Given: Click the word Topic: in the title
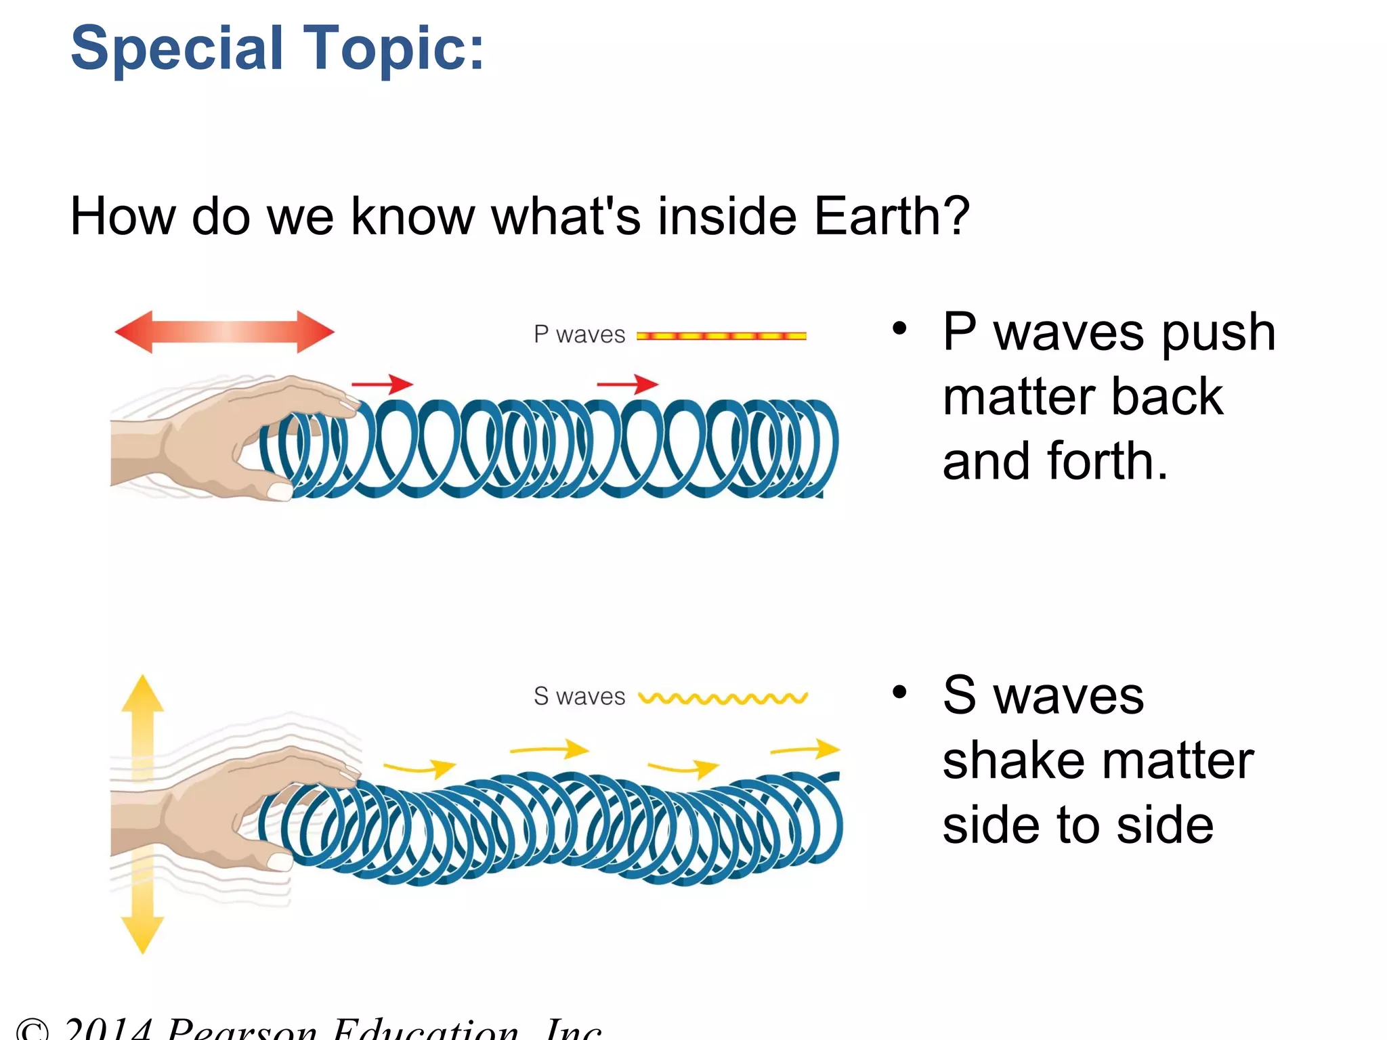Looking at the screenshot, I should point(393,49).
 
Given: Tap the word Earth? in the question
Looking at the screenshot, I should point(891,217).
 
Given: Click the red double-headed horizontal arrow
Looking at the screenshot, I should point(224,332).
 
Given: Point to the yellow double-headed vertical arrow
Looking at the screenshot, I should point(142,813).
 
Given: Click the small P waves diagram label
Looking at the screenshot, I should point(579,334).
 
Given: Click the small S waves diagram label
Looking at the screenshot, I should point(579,696).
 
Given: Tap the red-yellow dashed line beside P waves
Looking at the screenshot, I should point(721,336).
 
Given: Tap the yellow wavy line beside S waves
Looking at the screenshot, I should point(723,698).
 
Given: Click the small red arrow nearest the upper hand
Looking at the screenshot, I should point(382,384).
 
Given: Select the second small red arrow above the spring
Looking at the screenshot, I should point(627,384).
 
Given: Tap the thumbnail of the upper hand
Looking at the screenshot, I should point(279,491).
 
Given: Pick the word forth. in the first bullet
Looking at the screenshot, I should point(1107,462).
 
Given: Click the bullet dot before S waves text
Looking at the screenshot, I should point(899,692).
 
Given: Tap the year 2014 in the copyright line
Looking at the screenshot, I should point(108,1029).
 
